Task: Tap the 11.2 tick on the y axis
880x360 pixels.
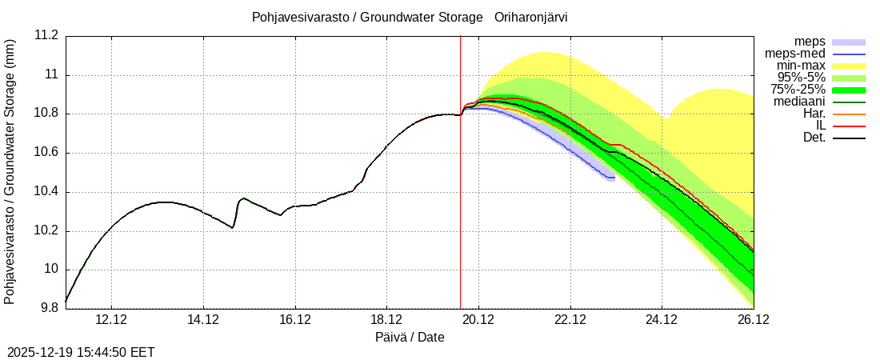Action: (x=46, y=36)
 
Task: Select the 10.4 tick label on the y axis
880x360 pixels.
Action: (x=46, y=192)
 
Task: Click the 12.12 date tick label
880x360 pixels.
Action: (x=111, y=320)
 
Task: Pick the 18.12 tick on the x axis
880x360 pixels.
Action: (x=386, y=320)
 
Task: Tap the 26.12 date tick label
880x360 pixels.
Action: (x=753, y=320)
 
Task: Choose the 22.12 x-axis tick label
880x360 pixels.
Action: (x=570, y=320)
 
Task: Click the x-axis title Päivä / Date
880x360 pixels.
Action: (x=410, y=338)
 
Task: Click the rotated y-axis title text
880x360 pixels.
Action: (x=10, y=172)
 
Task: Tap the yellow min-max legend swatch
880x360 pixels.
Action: (x=849, y=66)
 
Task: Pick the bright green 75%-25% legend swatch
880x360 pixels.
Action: (x=849, y=90)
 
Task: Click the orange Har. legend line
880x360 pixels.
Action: (x=849, y=114)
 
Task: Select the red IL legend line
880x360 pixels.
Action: (x=849, y=126)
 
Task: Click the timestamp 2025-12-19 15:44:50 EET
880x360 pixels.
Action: (x=81, y=352)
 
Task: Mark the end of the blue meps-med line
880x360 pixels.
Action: (x=614, y=178)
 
